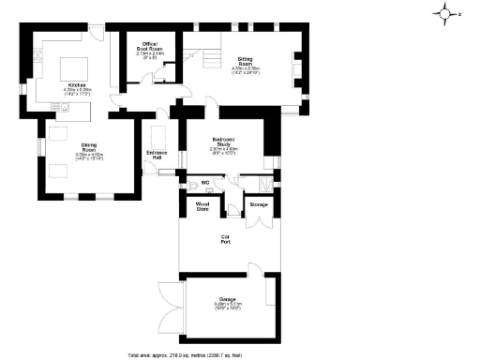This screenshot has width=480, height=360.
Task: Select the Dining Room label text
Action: pos(90,147)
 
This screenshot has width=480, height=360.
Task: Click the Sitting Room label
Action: pos(246,61)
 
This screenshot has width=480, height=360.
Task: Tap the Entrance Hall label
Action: pos(156,155)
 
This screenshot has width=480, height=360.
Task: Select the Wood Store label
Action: pos(202,205)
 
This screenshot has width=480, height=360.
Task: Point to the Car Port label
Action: pos(226,238)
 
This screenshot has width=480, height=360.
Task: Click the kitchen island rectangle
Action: pos(73,71)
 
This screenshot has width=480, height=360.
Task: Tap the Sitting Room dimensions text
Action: pos(246,70)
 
